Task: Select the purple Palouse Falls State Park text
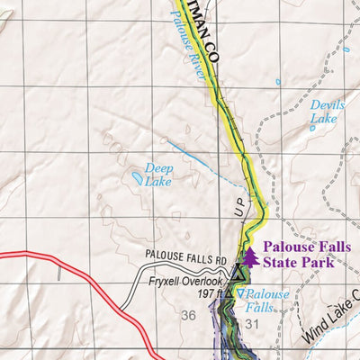point(299,255)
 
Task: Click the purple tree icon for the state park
point(250,257)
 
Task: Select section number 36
point(188,315)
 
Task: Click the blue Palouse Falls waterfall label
point(266,301)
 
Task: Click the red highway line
point(81,261)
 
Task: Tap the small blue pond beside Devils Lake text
point(312,128)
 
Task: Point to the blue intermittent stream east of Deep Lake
point(193,153)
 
